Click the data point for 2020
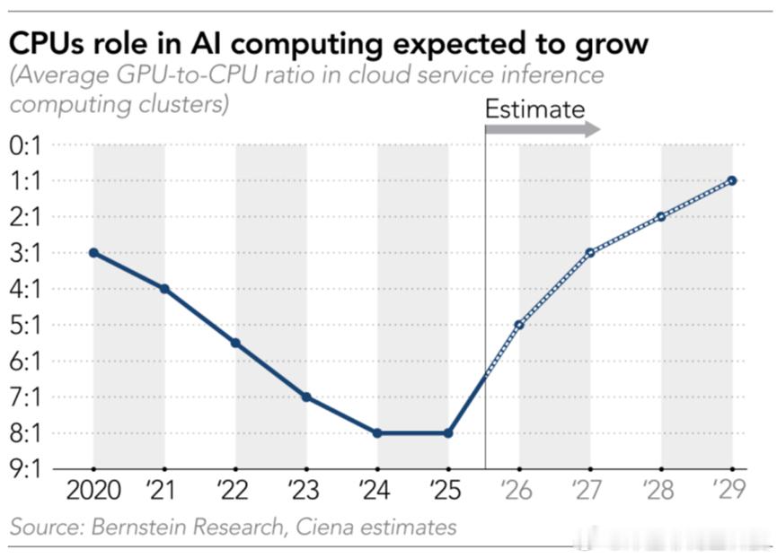[93, 253]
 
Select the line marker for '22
[236, 343]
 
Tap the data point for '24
[377, 433]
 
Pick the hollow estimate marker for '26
[519, 325]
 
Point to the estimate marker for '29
[732, 180]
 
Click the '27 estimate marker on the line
[590, 253]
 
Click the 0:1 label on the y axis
[25, 145]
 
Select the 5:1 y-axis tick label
[25, 326]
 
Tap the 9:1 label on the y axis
[25, 469]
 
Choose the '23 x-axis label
[304, 490]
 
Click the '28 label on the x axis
[658, 490]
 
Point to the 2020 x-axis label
[93, 491]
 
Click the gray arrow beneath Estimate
[543, 129]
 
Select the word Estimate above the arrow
[535, 109]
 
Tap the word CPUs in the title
[46, 43]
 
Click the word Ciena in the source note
[324, 527]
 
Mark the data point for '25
[448, 433]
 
